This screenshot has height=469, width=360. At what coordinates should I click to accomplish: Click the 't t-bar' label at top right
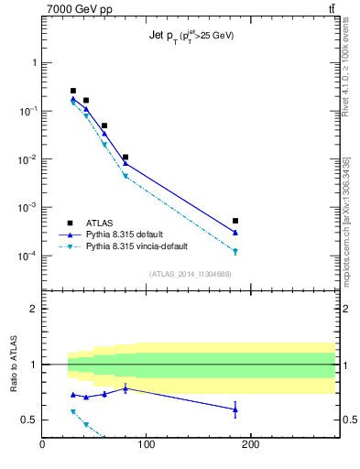point(330,9)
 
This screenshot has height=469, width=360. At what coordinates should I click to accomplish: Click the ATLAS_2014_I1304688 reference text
point(189,273)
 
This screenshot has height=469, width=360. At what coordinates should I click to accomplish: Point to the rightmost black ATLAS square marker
point(235,221)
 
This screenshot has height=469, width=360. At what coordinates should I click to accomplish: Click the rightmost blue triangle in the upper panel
point(235,233)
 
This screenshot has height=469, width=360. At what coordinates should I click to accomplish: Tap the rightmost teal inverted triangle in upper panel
point(235,251)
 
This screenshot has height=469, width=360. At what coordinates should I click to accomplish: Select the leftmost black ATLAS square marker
point(73,91)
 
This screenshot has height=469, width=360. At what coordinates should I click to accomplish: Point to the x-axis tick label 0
point(42,446)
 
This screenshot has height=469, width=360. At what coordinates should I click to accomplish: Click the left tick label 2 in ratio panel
point(33,309)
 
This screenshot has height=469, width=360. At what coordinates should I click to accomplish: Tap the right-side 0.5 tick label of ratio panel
point(348,420)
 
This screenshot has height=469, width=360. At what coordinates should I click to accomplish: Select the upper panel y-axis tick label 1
point(34,62)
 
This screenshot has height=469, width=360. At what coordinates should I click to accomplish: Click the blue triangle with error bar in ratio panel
point(235,409)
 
